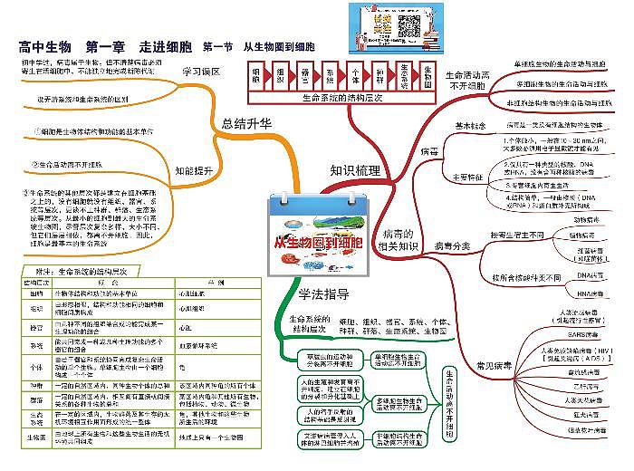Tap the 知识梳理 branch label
point(354,169)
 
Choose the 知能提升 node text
point(193,169)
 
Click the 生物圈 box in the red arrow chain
point(426,72)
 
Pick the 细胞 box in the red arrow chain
point(257,72)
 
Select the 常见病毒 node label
point(495,365)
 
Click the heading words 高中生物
point(44,46)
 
